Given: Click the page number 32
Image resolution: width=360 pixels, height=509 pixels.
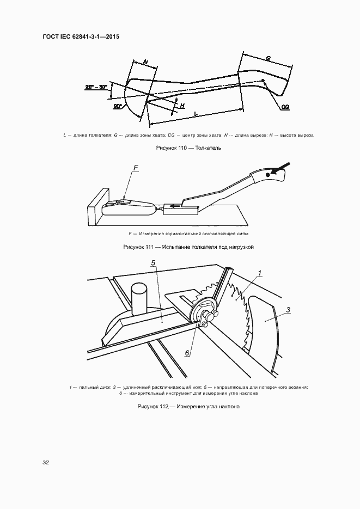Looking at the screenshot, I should tap(46, 463).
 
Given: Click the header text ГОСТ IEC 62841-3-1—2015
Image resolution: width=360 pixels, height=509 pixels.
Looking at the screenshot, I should tap(81, 36).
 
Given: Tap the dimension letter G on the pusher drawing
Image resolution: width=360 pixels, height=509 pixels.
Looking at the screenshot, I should tap(269, 58).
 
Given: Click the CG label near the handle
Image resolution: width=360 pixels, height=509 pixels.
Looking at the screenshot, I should tap(285, 108).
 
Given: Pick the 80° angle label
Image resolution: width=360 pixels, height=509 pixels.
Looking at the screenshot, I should tap(117, 107).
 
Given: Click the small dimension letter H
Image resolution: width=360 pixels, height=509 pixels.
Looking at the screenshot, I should tap(182, 105).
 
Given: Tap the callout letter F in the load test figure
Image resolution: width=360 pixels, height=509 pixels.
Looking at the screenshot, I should tap(136, 169).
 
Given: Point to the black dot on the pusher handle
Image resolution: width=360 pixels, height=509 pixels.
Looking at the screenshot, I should tap(267, 174).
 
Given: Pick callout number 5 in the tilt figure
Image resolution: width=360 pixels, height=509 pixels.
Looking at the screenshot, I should tap(154, 263).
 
